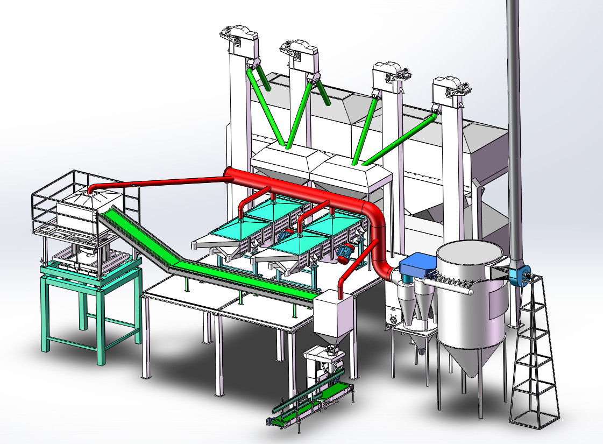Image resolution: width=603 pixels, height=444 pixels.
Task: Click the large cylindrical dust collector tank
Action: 471,301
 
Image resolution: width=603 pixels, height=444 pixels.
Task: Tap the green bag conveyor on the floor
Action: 312,404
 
